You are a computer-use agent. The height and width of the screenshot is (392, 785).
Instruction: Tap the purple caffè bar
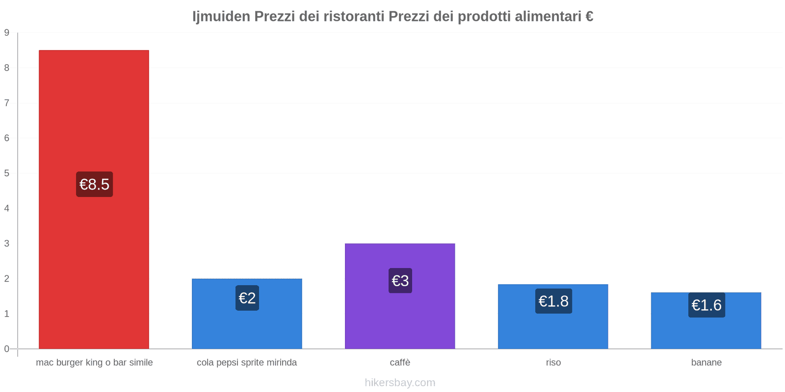400,318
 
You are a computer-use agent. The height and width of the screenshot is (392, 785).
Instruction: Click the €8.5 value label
94,184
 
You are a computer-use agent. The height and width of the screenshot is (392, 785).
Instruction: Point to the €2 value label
247,298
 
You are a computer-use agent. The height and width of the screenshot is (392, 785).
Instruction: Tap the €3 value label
400,281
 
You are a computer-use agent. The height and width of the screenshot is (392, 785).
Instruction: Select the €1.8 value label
553,301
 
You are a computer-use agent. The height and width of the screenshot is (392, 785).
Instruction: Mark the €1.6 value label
706,305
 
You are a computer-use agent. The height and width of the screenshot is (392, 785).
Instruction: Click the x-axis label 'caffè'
400,363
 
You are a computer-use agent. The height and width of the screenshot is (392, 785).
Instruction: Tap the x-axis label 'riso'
553,363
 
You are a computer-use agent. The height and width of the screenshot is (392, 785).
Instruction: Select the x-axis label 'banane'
706,363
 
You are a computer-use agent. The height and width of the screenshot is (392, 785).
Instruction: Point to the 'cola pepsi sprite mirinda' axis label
247,363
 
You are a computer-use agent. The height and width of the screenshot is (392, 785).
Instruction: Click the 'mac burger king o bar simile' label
94,363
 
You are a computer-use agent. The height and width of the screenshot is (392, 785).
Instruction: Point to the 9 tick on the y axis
7,33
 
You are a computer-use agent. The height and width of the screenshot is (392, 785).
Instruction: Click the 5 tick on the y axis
7,173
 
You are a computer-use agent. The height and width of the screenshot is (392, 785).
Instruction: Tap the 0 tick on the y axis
7,349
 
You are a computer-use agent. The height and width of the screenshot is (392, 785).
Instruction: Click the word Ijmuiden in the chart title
221,17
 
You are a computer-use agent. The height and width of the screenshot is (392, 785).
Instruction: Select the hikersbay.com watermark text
400,383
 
